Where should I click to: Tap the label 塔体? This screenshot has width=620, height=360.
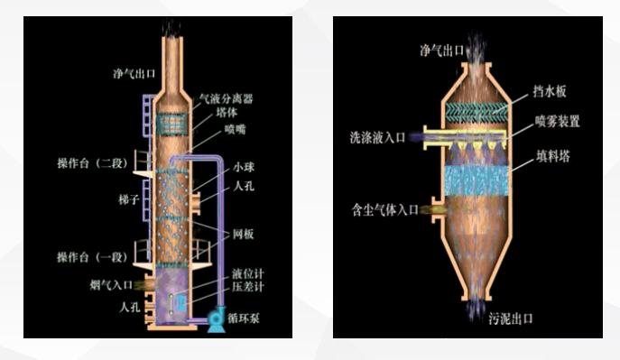226,114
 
